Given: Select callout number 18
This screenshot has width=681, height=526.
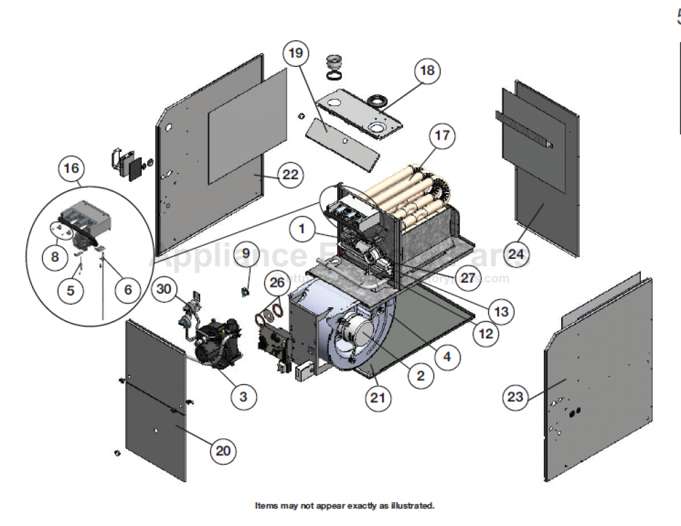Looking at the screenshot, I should (427, 71).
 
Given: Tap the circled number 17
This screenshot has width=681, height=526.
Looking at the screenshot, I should (442, 136).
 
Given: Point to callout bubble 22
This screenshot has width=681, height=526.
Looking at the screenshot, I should (291, 175).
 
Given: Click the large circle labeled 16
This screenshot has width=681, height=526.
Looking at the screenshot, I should (72, 168).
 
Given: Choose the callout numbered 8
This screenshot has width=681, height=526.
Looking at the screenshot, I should (54, 257).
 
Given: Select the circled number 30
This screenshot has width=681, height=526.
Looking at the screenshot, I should (163, 288).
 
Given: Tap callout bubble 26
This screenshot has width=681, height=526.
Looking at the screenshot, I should (276, 282).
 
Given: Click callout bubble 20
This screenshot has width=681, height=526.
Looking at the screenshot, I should (223, 450).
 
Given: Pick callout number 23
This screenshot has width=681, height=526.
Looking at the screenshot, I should (516, 397).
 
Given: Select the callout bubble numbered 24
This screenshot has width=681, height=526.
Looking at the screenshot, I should (517, 256).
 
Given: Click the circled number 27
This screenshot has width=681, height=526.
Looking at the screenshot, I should (468, 278).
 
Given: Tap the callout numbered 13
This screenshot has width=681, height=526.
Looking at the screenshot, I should (501, 312).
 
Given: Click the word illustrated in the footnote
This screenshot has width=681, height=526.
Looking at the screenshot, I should (411, 506).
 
